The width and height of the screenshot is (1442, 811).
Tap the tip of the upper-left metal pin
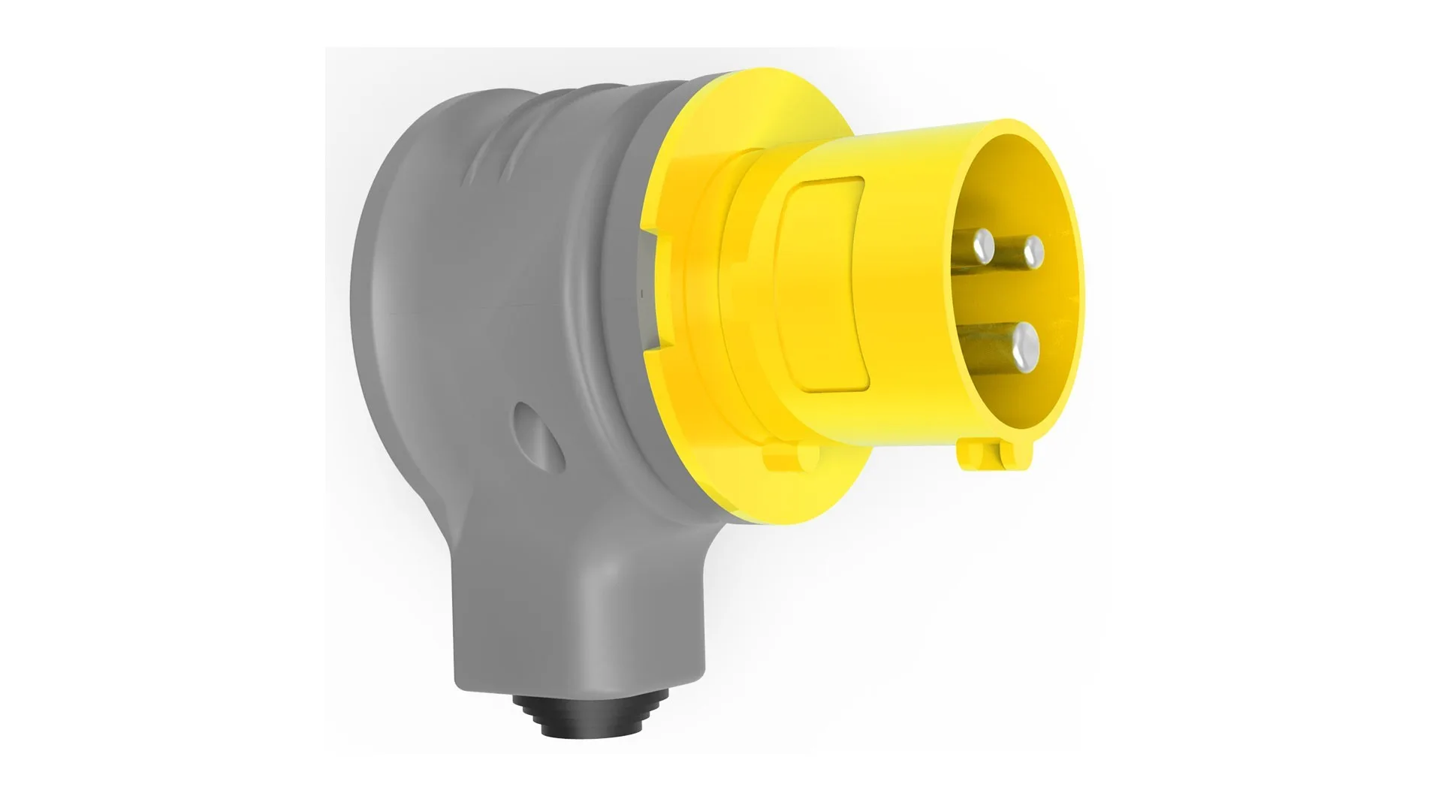[x=982, y=243]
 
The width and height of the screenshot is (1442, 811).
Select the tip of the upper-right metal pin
[x=1033, y=248]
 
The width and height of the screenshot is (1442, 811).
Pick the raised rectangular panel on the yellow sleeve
[x=825, y=285]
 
